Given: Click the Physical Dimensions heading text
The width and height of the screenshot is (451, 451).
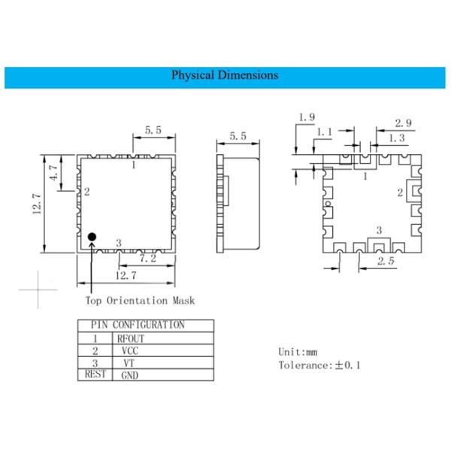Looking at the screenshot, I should pos(225,75).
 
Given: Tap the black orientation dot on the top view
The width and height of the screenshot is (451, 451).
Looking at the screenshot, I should pos(92,238).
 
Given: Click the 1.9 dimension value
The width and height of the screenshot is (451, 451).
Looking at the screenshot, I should pos(307,117).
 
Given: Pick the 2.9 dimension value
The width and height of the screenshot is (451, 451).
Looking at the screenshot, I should pos(404,123).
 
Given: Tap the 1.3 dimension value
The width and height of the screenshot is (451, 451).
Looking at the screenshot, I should pos(396,138).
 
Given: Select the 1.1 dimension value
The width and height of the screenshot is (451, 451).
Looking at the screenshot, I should pos(324,132).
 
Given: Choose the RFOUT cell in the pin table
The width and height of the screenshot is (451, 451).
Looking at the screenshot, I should pos(129,339).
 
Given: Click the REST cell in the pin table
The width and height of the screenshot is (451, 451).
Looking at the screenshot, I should pos(95,374).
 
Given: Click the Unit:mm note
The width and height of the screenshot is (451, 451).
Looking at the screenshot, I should pos(298,351).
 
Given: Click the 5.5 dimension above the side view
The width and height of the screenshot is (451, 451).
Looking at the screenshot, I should pos(238,136).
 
